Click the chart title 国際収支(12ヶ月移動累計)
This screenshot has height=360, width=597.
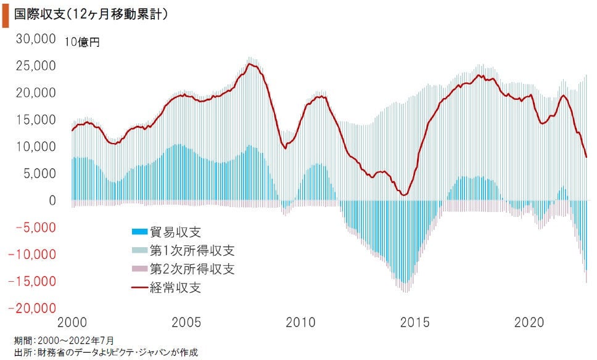coord(90,14)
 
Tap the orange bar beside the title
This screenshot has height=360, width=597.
coord(6,15)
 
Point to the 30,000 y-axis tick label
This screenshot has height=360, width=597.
coord(35,39)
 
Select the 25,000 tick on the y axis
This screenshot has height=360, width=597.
coord(35,66)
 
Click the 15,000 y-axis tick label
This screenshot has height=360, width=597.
coord(35,120)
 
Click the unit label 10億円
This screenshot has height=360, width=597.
coord(84,42)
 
